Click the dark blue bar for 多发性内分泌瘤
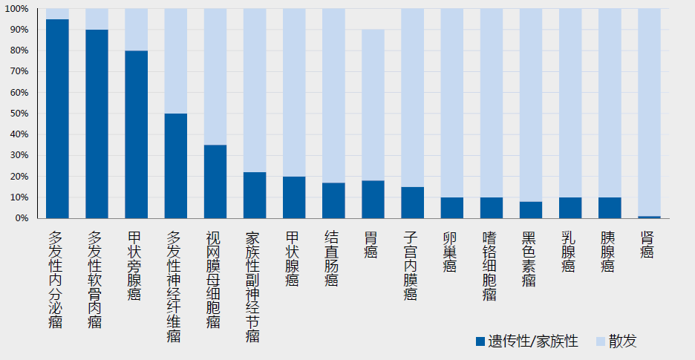(x=57, y=119)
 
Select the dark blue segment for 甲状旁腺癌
(x=136, y=134)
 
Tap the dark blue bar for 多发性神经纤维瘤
(x=175, y=166)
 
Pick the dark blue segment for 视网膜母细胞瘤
(x=215, y=181)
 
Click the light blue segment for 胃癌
(x=373, y=105)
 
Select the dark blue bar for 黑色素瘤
(x=531, y=210)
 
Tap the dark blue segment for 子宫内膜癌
(x=412, y=203)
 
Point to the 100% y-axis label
(x=16, y=9)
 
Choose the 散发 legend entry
(x=616, y=341)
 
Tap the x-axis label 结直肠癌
(x=333, y=258)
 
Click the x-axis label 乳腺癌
(x=570, y=251)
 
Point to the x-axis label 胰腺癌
(x=609, y=251)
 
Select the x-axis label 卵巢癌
(x=451, y=251)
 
